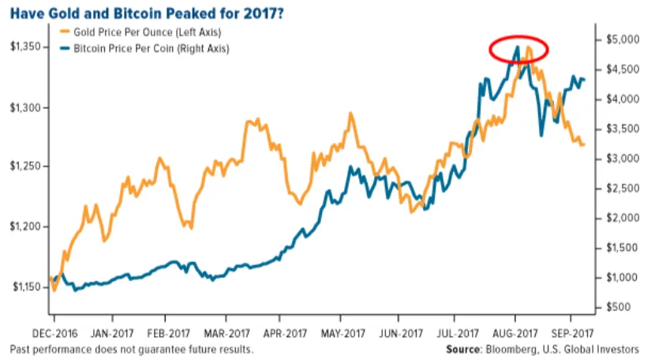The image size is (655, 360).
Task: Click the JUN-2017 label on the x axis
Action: tap(397, 333)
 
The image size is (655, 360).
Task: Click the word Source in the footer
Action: tap(464, 349)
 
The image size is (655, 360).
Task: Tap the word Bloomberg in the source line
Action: tap(514, 349)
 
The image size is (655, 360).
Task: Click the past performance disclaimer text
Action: tap(132, 349)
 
